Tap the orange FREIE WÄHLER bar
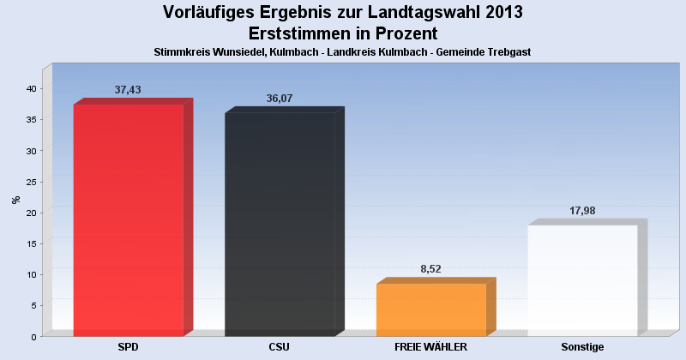click(430, 309)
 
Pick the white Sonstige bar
click(582, 279)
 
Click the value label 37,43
click(128, 90)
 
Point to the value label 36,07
click(280, 99)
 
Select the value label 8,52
click(430, 269)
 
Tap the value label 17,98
click(582, 211)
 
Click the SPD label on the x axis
click(128, 347)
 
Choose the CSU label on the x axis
click(280, 347)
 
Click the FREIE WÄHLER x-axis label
click(430, 347)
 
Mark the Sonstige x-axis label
click(582, 347)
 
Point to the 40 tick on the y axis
click(30, 89)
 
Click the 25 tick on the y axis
click(30, 182)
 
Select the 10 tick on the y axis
click(30, 274)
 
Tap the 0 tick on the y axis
click(33, 337)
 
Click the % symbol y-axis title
click(15, 200)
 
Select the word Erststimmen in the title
click(301, 34)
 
